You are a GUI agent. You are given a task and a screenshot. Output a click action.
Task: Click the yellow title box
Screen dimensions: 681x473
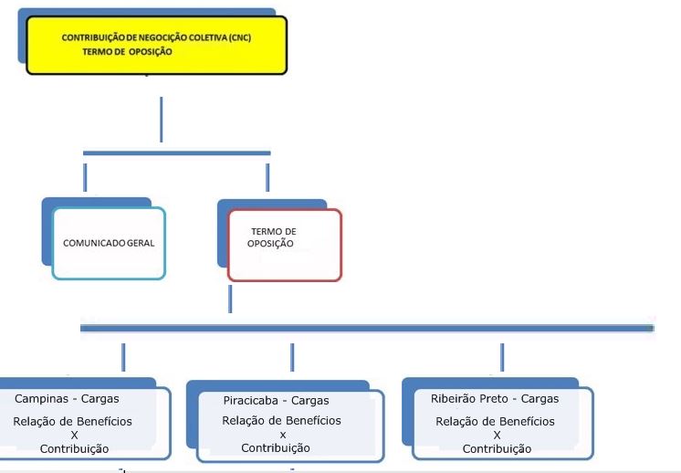point(156,45)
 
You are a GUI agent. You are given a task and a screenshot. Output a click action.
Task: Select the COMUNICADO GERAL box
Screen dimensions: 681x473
point(109,243)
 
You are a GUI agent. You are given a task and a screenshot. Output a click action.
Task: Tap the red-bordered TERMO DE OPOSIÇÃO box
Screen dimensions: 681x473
point(285,245)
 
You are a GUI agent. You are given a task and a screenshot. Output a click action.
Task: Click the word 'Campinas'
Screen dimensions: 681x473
point(42,399)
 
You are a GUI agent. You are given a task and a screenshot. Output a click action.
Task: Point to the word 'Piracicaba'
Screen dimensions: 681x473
point(251,401)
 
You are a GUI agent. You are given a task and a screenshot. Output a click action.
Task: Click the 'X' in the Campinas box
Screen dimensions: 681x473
point(74,435)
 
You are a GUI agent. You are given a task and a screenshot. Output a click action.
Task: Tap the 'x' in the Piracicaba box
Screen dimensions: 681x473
point(283,435)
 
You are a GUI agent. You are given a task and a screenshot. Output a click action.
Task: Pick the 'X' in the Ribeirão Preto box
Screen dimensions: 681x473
point(497,435)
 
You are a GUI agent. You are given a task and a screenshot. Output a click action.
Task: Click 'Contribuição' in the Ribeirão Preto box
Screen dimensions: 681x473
point(497,449)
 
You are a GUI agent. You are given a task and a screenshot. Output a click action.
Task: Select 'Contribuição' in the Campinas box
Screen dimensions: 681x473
point(74,449)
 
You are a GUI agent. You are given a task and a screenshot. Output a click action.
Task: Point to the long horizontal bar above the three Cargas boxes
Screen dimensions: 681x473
point(367,329)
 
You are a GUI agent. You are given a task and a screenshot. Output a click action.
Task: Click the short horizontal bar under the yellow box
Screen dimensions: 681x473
point(177,152)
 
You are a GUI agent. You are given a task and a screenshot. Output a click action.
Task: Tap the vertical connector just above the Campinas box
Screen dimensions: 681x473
point(123,357)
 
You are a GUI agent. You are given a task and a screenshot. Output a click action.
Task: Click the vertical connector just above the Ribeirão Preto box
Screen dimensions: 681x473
point(502,357)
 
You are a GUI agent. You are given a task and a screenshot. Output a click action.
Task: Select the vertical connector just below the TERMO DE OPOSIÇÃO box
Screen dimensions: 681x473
point(230,299)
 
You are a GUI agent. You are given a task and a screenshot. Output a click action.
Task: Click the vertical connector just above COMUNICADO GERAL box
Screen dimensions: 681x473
point(85,178)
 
